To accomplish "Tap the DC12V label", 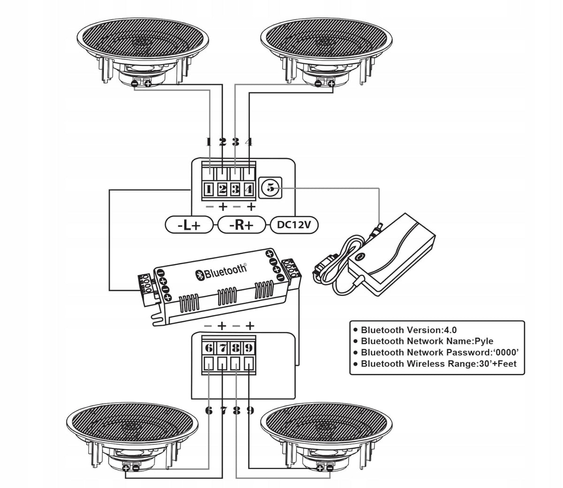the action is tap(294, 225).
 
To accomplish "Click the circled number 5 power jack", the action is tap(270, 188).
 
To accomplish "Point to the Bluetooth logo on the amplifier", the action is tap(221, 272).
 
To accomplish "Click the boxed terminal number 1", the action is tap(209, 189).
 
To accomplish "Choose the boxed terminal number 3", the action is tap(236, 189).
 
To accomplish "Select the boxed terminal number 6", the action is tap(209, 348).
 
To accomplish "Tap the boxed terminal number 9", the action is tap(249, 348).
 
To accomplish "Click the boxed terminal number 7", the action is tap(222, 348).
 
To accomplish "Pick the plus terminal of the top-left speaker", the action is tap(148, 84).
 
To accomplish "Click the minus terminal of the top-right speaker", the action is tap(318, 84).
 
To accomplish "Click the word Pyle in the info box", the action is tap(484, 341).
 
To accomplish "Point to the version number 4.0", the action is tap(450, 330).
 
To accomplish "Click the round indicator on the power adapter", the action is tap(360, 257).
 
